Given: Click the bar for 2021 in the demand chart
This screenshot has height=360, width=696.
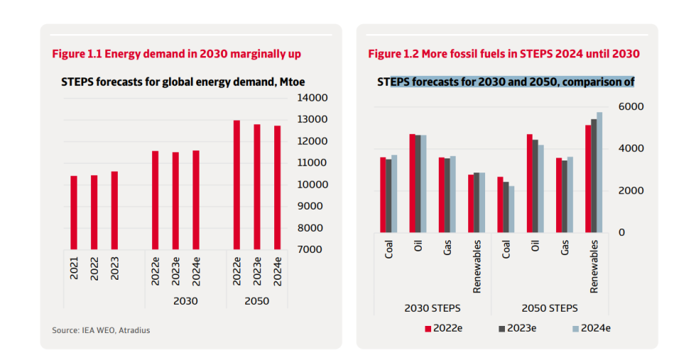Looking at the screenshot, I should [74, 212].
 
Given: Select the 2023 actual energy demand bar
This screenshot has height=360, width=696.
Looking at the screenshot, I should [114, 210].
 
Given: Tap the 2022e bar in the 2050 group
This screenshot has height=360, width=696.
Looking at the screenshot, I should [236, 185].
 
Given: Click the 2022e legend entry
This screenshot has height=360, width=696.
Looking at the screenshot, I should [445, 328].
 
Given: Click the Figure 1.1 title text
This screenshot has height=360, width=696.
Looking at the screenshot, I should [176, 54].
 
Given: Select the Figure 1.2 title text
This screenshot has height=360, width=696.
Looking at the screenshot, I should [504, 54].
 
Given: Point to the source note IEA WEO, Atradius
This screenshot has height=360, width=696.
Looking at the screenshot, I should [101, 330].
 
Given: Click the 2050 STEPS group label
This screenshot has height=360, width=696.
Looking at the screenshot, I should [549, 308].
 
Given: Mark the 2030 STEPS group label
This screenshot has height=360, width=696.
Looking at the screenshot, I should [433, 308].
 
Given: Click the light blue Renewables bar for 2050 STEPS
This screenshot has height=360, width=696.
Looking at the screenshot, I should [599, 172].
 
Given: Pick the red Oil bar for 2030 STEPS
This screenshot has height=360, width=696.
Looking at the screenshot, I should [412, 183].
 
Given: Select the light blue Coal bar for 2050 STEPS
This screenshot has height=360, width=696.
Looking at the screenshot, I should [511, 209].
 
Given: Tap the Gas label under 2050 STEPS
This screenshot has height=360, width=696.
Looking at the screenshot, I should [565, 248].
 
